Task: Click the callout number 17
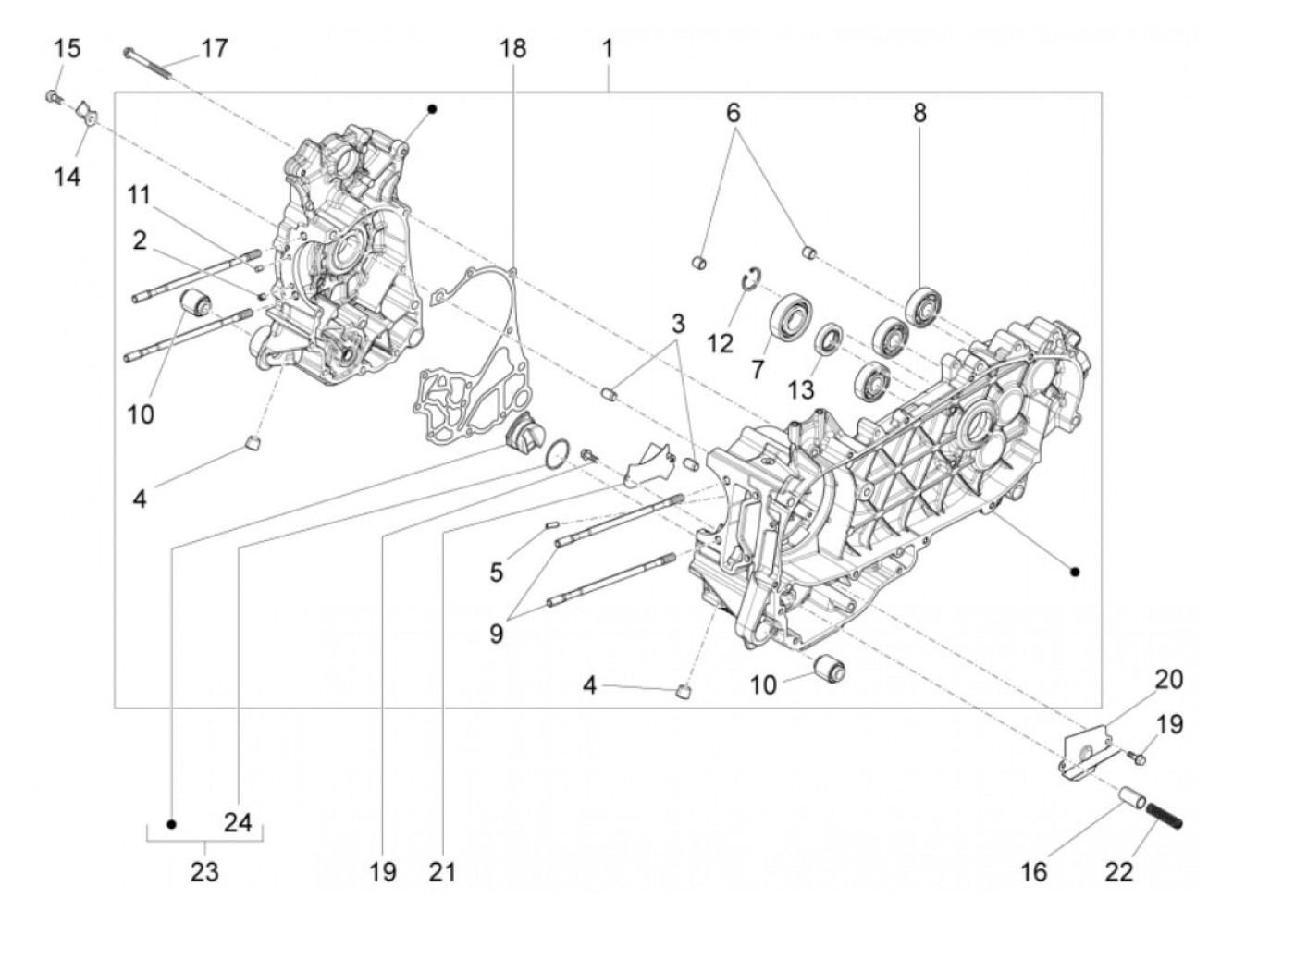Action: (214, 48)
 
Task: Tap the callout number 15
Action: (67, 48)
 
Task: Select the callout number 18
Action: (512, 48)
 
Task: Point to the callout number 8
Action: (919, 113)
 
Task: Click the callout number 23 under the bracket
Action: (204, 870)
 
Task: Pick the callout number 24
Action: (238, 821)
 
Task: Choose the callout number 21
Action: (442, 870)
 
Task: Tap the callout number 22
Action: (1118, 870)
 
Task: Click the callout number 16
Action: (1033, 870)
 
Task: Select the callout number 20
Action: (1168, 679)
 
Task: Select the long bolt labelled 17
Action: (148, 61)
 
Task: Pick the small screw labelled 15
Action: (53, 95)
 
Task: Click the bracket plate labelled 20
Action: (1085, 754)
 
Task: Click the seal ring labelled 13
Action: (828, 339)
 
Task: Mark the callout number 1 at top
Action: (607, 48)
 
